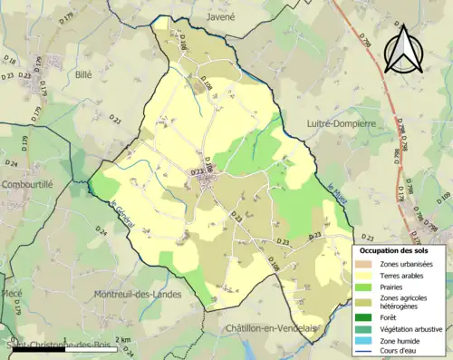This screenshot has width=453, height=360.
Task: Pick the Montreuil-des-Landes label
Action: [x=139, y=294]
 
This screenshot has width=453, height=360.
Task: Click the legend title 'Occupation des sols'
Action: [x=396, y=249]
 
